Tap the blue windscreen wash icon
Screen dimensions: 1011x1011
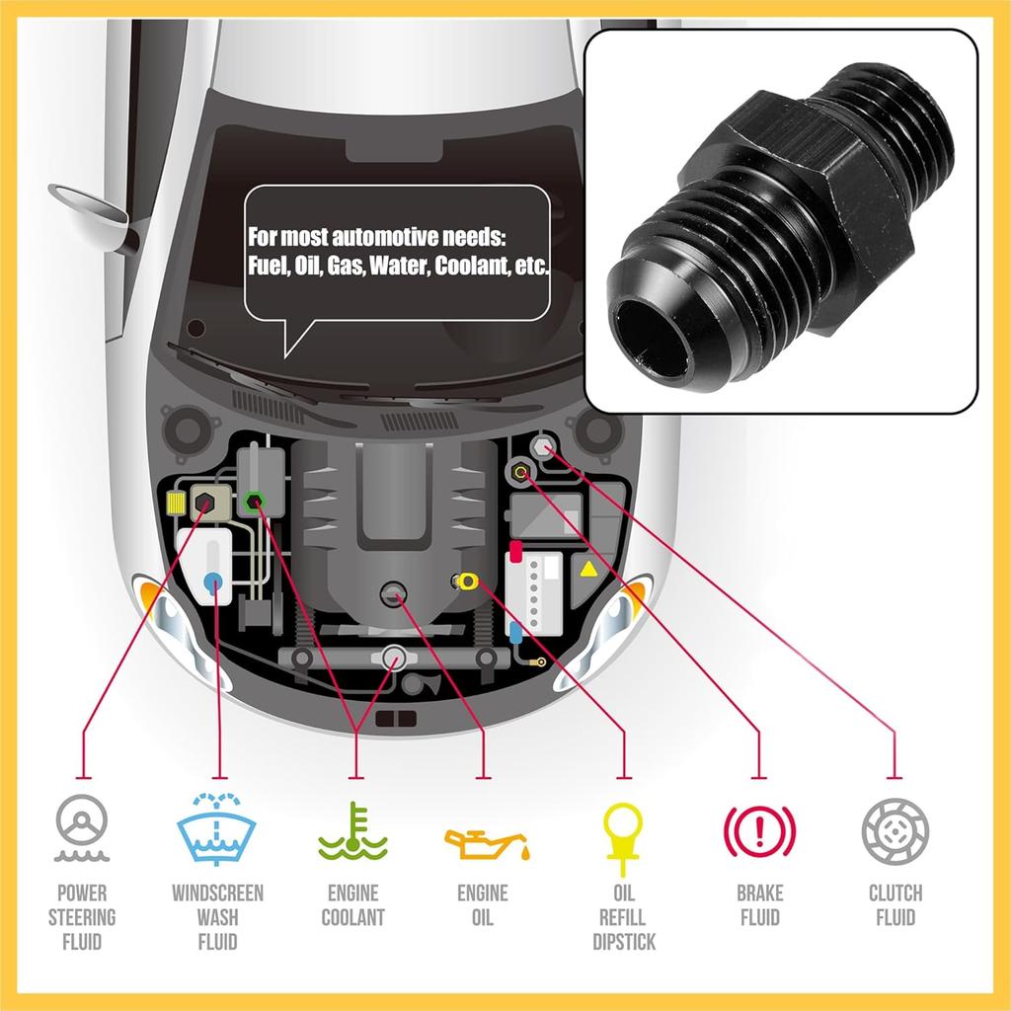click(217, 827)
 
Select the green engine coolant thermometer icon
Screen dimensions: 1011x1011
click(352, 831)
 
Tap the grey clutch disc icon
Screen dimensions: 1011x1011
click(894, 827)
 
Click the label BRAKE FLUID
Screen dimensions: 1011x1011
click(759, 905)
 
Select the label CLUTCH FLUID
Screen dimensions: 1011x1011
click(894, 905)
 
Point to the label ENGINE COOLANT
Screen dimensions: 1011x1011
click(352, 905)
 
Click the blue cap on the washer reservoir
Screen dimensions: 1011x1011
click(213, 583)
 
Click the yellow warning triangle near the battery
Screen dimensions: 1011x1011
click(587, 569)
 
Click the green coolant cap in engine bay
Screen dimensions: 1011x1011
click(254, 502)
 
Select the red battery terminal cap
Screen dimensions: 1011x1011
click(515, 549)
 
